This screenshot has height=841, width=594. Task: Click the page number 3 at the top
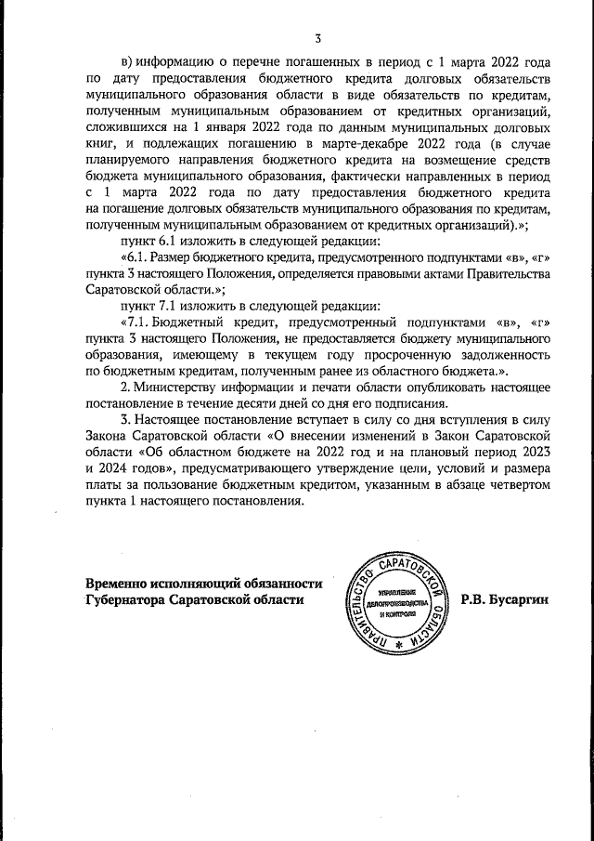pos(317,38)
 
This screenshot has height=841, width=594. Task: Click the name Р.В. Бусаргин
pos(505,600)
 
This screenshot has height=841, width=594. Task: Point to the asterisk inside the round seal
pos(399,645)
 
